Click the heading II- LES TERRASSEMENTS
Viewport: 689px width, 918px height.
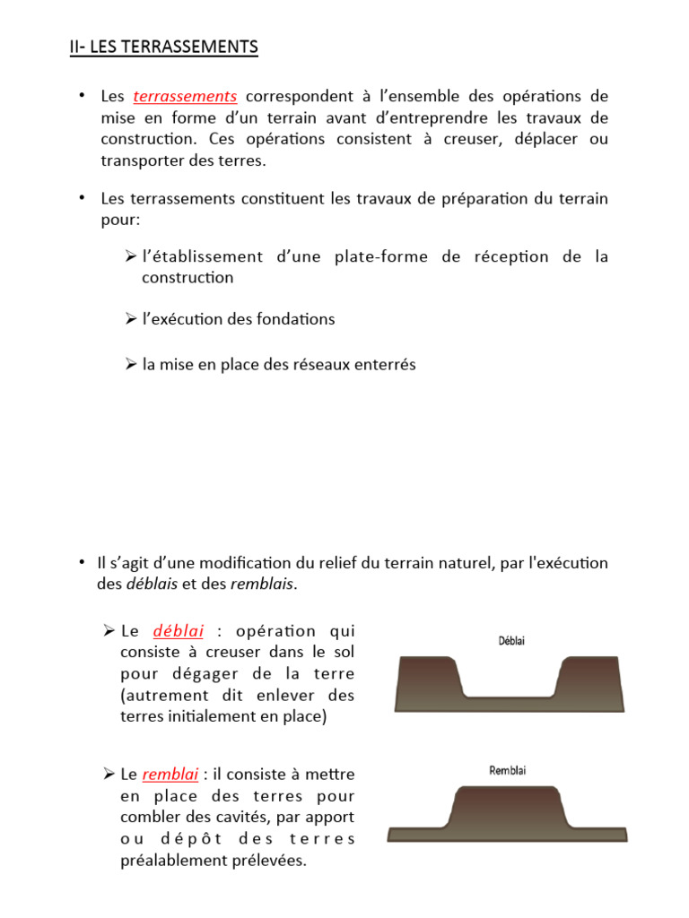tap(163, 47)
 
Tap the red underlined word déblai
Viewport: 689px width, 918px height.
tap(179, 630)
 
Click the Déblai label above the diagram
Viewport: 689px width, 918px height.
tap(511, 641)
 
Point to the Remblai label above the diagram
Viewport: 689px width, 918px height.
tap(508, 770)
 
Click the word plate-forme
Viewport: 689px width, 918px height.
tap(370, 257)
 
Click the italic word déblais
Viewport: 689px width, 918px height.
tap(150, 585)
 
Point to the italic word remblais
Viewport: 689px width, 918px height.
tap(262, 585)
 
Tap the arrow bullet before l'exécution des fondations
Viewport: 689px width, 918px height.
tap(130, 319)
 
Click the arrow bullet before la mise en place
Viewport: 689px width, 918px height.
tap(130, 365)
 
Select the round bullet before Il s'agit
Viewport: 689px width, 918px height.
tap(80, 563)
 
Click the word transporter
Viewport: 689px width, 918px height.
tap(142, 161)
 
